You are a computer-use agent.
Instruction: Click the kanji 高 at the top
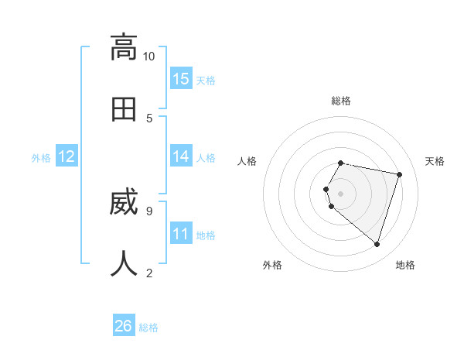point(124,47)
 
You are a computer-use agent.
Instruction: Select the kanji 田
point(124,109)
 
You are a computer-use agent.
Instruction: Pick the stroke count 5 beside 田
point(149,118)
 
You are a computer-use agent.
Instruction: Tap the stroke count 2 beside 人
point(149,273)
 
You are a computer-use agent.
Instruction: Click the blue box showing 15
point(181,79)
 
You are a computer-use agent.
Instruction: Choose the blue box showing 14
point(181,156)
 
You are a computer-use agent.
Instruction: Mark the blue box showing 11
point(181,234)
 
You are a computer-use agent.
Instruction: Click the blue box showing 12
point(67,156)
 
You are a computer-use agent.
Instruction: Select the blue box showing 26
point(124,326)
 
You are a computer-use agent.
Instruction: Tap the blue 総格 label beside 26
point(148,328)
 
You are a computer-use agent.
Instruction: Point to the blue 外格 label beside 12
point(41,158)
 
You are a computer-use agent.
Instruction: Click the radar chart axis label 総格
point(341,101)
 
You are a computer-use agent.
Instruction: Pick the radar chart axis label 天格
point(435,161)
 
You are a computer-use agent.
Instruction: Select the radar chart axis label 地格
point(405,265)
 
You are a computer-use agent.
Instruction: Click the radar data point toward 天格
point(399,174)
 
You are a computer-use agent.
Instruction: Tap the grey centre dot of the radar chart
point(341,193)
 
